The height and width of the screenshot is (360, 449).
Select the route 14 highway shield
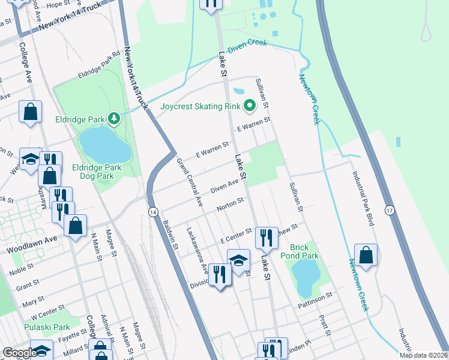(x=152, y=212)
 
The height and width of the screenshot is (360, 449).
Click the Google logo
(x=19, y=353)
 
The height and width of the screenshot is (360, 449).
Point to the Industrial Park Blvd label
(x=364, y=197)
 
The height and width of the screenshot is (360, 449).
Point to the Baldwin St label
(x=170, y=234)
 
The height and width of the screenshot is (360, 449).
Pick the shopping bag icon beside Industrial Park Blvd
(x=366, y=255)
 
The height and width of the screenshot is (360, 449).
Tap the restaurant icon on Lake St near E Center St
(x=266, y=238)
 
